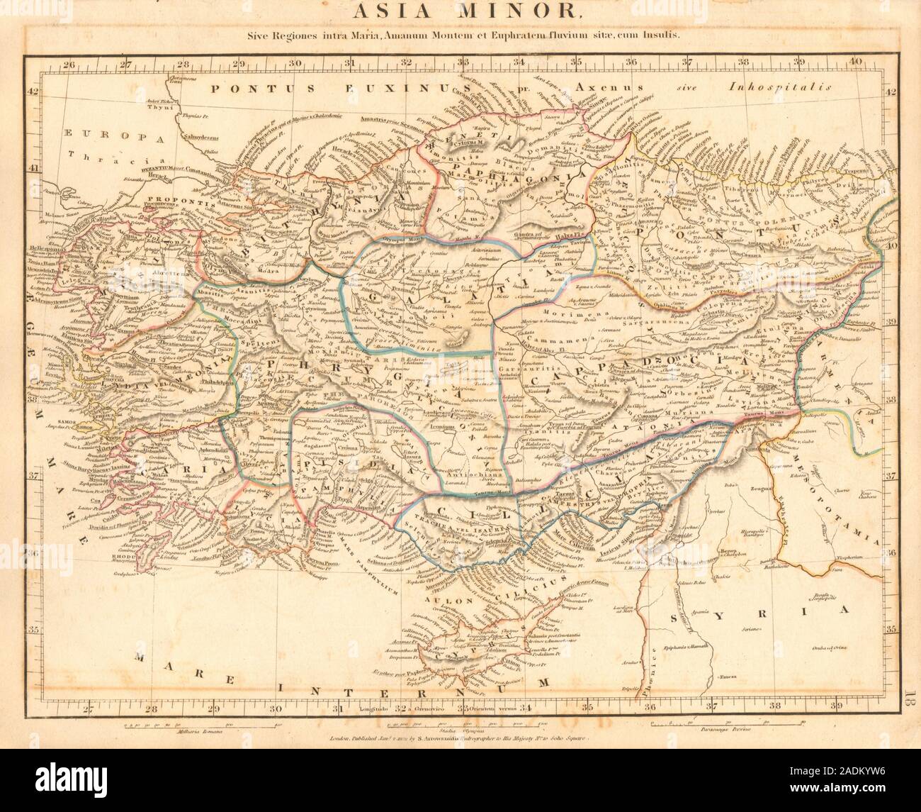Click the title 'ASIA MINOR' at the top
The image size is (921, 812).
coord(460,12)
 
